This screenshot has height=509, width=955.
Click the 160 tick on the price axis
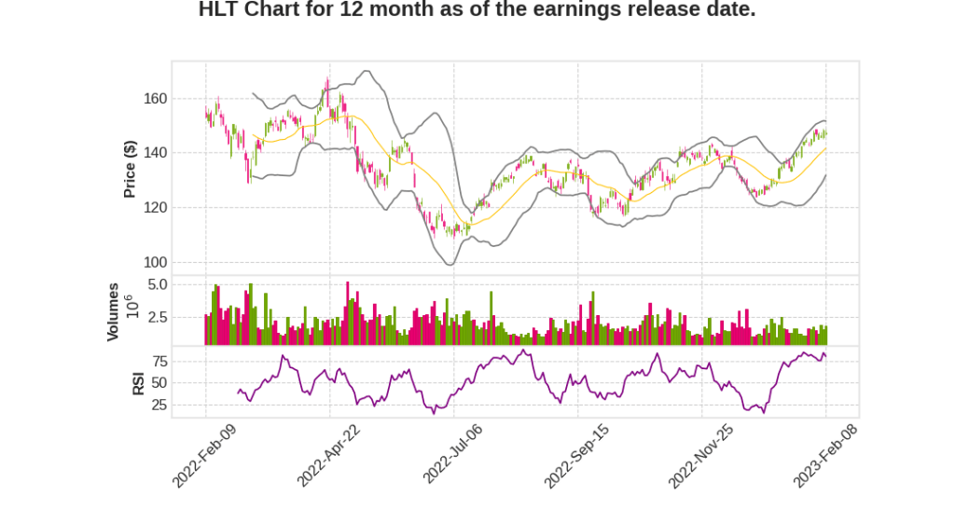155,99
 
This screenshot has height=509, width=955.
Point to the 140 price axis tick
155,153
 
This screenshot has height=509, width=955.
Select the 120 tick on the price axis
155,208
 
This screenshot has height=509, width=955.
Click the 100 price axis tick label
155,262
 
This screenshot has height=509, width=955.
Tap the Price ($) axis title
131,169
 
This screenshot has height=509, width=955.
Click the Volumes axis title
113,311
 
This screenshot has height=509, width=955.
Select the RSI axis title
138,382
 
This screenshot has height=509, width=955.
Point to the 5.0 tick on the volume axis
157,284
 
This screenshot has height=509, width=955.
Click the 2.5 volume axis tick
157,318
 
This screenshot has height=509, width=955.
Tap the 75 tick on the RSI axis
159,361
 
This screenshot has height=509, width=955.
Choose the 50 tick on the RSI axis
159,383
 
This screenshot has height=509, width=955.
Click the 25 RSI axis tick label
159,406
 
